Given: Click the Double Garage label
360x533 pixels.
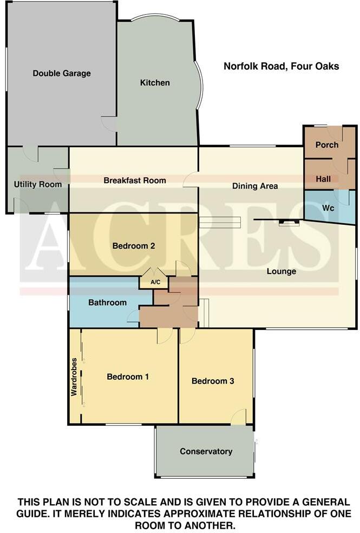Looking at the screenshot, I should click(x=62, y=73).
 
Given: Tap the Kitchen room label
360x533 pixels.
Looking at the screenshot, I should click(x=155, y=83).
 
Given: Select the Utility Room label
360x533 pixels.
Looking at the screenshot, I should click(x=37, y=184).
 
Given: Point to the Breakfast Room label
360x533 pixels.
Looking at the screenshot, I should click(x=135, y=180).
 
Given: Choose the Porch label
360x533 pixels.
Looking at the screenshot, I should click(x=327, y=145).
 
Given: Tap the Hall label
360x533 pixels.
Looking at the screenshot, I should click(x=323, y=179).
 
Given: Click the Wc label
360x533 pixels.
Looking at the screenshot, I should click(x=328, y=207).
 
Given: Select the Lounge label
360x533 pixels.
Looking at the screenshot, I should click(x=282, y=271).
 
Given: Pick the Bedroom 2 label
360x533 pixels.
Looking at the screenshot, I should click(x=134, y=246).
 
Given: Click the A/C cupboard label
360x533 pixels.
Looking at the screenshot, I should click(x=155, y=282).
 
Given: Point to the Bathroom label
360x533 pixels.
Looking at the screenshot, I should click(x=107, y=303).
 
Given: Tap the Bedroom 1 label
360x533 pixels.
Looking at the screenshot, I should click(x=128, y=376).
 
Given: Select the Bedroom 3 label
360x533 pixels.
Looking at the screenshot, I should click(x=213, y=381).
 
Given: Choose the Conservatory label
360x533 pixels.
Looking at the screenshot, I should click(x=206, y=451).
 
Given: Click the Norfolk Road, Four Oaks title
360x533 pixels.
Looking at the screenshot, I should click(x=282, y=66).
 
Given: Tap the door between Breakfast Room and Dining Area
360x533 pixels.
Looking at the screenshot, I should click(x=191, y=180).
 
